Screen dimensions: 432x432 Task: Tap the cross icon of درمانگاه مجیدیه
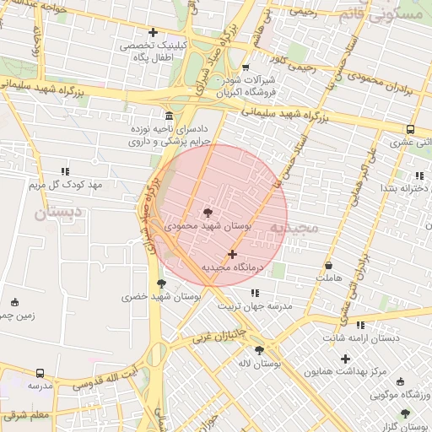[x=232, y=253]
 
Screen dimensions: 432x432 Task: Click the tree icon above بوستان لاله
[x=259, y=350]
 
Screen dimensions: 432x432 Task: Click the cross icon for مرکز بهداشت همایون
[x=345, y=359]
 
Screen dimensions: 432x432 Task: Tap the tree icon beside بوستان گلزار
[x=406, y=413]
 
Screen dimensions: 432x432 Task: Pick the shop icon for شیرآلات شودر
[x=246, y=67]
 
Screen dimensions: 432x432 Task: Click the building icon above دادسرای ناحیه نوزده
[x=170, y=116]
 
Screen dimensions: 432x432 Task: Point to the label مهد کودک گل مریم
[x=65, y=184]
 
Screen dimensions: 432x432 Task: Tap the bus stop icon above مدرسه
[x=40, y=372]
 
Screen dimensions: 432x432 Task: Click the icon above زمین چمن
[x=14, y=302]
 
